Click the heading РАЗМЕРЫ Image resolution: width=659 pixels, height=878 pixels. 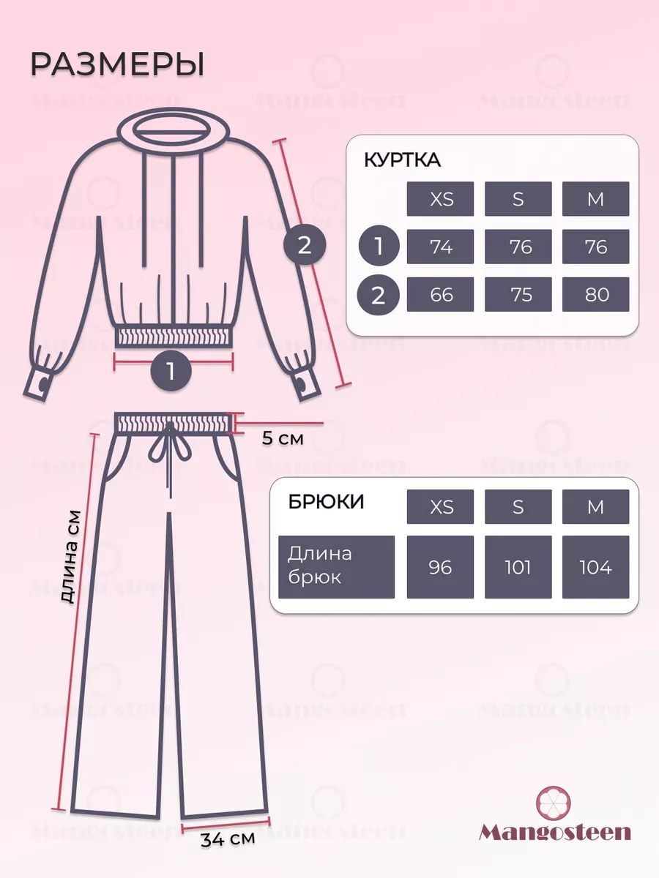pyautogui.click(x=117, y=64)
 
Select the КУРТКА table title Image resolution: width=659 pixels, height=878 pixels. pyautogui.click(x=402, y=160)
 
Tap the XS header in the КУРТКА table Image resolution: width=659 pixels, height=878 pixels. pyautogui.click(x=440, y=199)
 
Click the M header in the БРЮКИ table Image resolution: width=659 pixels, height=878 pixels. pyautogui.click(x=595, y=507)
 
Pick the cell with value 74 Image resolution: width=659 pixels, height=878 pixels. pyautogui.click(x=440, y=247)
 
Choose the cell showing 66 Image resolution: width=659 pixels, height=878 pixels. pyautogui.click(x=440, y=294)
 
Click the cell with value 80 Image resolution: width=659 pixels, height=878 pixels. pyautogui.click(x=595, y=294)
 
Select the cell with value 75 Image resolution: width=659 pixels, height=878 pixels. pyautogui.click(x=518, y=294)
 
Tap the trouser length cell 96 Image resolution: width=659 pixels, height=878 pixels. pyautogui.click(x=440, y=567)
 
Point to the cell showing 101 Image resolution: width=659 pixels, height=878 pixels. pyautogui.click(x=518, y=567)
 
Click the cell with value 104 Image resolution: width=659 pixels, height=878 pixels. pyautogui.click(x=595, y=567)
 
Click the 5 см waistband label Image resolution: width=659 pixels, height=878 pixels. pyautogui.click(x=283, y=439)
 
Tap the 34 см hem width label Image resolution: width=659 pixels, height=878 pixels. pyautogui.click(x=228, y=838)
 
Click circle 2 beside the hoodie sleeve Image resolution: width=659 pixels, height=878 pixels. pyautogui.click(x=305, y=244)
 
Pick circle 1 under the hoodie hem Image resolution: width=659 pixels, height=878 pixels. pyautogui.click(x=171, y=371)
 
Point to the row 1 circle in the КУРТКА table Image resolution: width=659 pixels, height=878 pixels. pyautogui.click(x=379, y=246)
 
